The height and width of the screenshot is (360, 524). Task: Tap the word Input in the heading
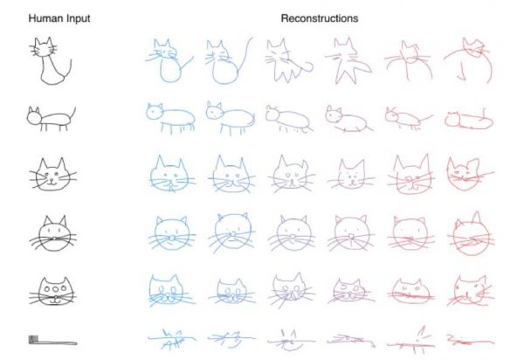point(79,18)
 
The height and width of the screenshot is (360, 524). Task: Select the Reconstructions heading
point(320,18)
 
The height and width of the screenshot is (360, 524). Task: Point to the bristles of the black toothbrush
point(33,339)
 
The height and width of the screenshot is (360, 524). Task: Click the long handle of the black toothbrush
point(58,343)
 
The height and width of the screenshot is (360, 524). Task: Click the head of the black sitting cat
point(44,48)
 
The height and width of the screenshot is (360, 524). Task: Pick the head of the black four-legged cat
point(34,116)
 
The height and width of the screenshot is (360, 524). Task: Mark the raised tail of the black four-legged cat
point(73,114)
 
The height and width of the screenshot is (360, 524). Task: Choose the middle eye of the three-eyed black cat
point(55,288)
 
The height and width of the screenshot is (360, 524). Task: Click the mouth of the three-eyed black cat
point(54,301)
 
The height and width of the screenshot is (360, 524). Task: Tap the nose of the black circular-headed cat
point(52,239)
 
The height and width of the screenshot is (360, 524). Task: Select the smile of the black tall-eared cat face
point(52,183)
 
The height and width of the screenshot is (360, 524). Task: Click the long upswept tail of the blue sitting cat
point(245,55)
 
